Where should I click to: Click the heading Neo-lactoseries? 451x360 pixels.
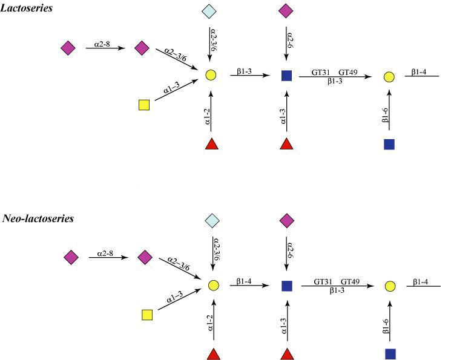tap(38, 218)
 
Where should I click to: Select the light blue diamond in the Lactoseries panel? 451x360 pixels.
tap(211, 10)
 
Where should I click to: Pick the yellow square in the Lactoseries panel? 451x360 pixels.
tap(144, 105)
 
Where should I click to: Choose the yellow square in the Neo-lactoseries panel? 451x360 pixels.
tap(146, 315)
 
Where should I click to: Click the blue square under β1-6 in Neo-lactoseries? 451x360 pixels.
tap(390, 353)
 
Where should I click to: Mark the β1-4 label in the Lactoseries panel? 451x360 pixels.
tap(419, 72)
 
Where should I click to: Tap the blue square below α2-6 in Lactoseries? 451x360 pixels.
tap(286, 76)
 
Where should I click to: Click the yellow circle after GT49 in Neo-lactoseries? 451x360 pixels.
tap(390, 286)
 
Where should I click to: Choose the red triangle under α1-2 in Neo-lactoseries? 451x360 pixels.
tap(213, 353)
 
